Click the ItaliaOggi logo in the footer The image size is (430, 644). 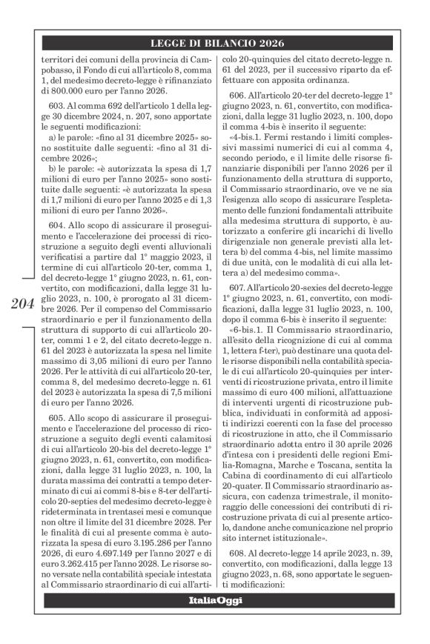coord(214,599)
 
